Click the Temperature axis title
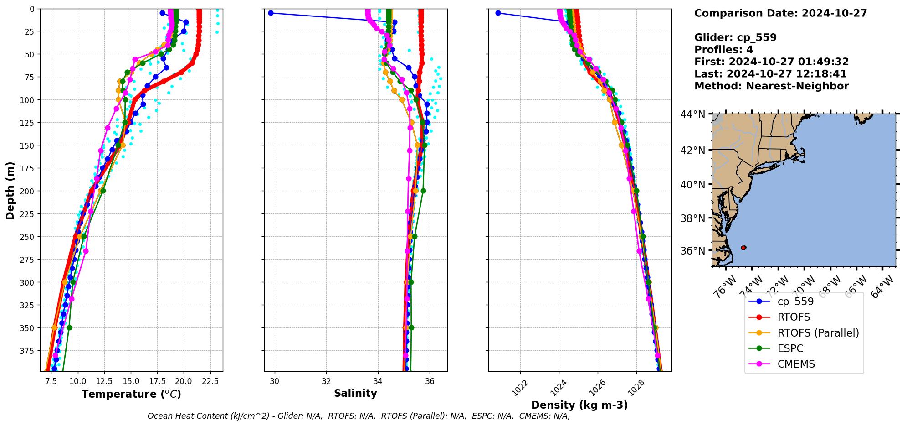click(x=131, y=394)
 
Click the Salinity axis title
click(x=355, y=393)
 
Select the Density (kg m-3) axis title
click(x=579, y=405)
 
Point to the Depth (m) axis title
click(x=10, y=190)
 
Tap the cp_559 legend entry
click(x=795, y=301)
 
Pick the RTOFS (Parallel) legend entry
click(x=818, y=333)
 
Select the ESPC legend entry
click(x=790, y=348)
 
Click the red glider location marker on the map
click(x=743, y=248)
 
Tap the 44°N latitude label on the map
click(x=692, y=114)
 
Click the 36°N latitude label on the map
click(x=692, y=251)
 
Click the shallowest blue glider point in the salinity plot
click(x=271, y=13)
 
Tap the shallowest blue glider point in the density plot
click(x=498, y=13)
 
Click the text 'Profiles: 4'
click(x=723, y=50)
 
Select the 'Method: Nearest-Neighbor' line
click(x=771, y=86)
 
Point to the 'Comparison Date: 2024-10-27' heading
click(x=780, y=13)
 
